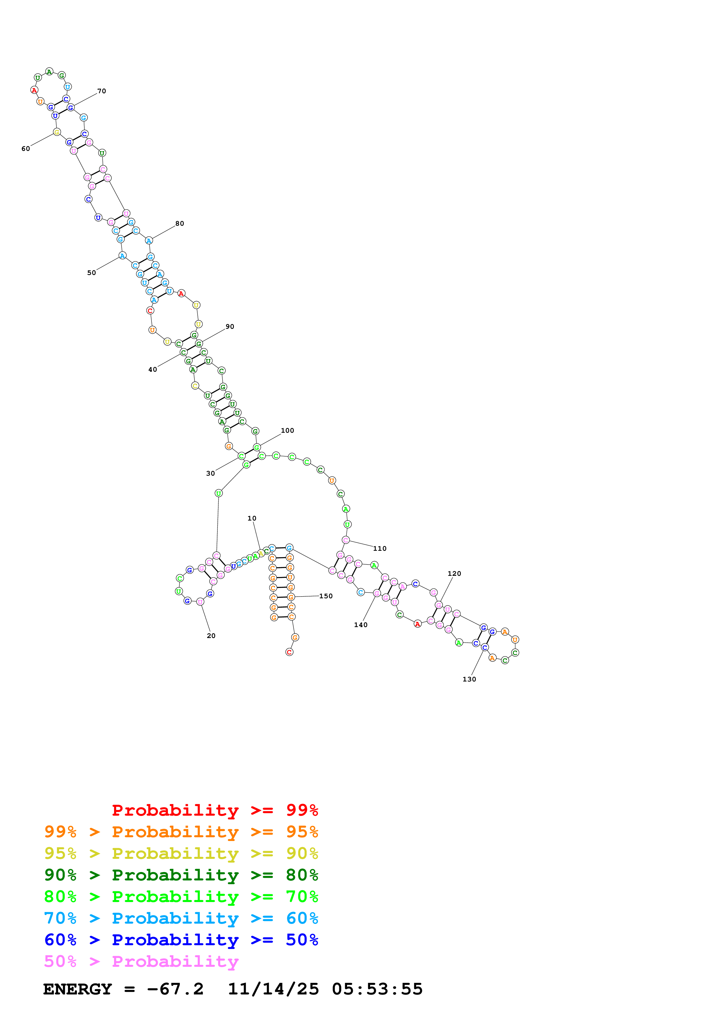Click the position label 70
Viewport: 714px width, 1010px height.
[x=102, y=91]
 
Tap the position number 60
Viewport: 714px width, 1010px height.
[x=26, y=149]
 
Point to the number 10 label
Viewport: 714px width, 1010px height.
[x=252, y=518]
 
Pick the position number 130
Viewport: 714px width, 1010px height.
[x=469, y=679]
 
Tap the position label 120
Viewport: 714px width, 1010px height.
[x=454, y=574]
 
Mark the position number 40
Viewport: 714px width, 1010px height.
[x=153, y=369]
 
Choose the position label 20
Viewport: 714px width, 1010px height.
[x=211, y=636]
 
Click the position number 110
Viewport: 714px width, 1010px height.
[x=380, y=548]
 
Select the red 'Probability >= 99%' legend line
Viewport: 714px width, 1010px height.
[x=215, y=810]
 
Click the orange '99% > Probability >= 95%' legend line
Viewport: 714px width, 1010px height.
[x=181, y=832]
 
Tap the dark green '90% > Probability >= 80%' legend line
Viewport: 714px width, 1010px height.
[x=181, y=875]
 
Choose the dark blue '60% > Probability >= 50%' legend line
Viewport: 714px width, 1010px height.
[x=181, y=940]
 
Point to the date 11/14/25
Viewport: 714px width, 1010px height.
[x=273, y=989]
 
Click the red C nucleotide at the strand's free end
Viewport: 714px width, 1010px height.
[x=289, y=652]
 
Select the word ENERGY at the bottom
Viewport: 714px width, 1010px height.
[x=77, y=989]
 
